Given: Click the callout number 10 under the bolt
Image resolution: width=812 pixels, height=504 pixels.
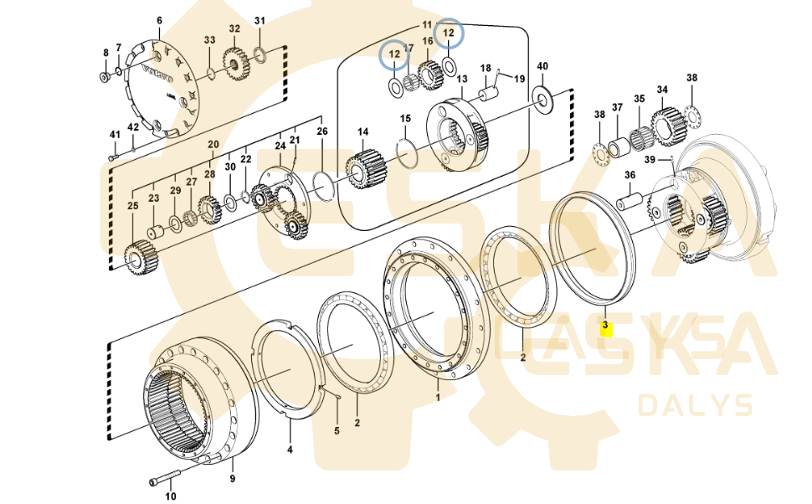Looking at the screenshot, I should [171, 496].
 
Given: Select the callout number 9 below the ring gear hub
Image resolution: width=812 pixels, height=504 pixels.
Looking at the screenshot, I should [233, 479].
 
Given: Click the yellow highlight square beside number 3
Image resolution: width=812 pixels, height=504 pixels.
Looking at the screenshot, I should [608, 329].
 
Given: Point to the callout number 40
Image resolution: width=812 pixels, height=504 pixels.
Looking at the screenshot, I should [542, 66].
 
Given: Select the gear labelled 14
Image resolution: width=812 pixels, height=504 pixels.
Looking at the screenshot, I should [363, 169].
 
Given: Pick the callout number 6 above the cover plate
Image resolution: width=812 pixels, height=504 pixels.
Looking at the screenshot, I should [160, 20].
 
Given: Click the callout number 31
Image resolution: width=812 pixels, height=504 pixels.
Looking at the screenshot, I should [260, 21].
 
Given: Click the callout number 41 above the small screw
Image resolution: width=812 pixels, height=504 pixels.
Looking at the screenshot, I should [116, 135].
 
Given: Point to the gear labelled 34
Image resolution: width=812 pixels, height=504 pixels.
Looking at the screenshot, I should [667, 125].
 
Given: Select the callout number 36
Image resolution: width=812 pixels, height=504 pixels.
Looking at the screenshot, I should [630, 174].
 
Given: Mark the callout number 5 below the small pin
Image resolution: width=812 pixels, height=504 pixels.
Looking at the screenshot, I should [337, 431].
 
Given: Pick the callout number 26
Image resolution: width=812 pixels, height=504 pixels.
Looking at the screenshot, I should [322, 131].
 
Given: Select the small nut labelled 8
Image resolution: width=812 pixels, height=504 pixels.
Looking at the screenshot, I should [104, 78].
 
